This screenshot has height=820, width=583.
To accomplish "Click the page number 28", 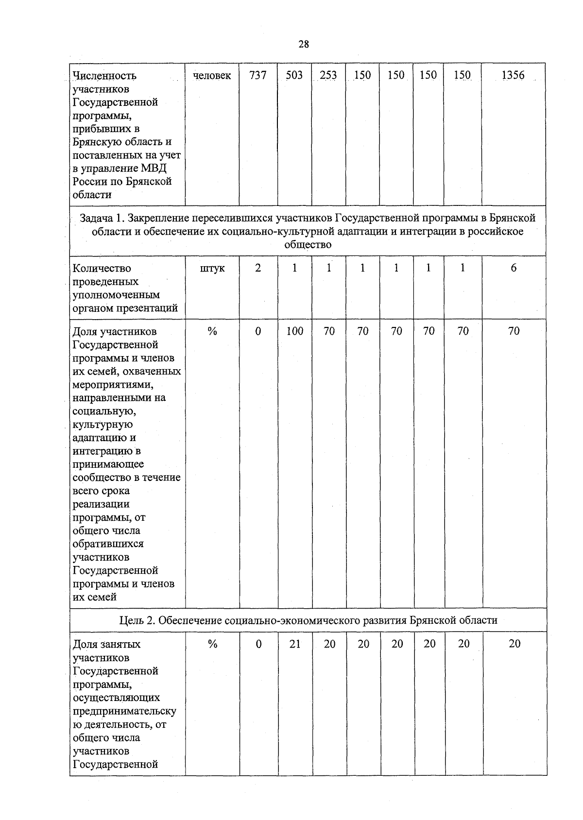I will [x=303, y=45].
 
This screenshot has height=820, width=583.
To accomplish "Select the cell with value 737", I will [x=257, y=75].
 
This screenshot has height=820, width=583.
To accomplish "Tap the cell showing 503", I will [x=294, y=75].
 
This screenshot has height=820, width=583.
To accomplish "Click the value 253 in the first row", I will [x=328, y=75].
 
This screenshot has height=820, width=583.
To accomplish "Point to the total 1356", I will [x=513, y=75].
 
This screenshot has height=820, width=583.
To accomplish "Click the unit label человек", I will [x=212, y=76].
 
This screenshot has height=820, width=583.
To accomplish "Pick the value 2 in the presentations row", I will [x=258, y=268].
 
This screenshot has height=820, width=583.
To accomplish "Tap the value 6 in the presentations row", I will [x=514, y=268].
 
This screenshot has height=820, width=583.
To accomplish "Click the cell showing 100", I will [x=294, y=331].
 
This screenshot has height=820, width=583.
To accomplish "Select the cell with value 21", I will [x=295, y=644].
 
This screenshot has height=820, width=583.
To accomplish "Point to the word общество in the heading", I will [x=308, y=245].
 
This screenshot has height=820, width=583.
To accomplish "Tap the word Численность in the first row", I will [x=104, y=76].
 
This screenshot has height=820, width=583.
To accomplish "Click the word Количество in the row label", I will [x=102, y=269].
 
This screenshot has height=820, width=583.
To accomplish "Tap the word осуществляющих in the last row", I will [x=117, y=698].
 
